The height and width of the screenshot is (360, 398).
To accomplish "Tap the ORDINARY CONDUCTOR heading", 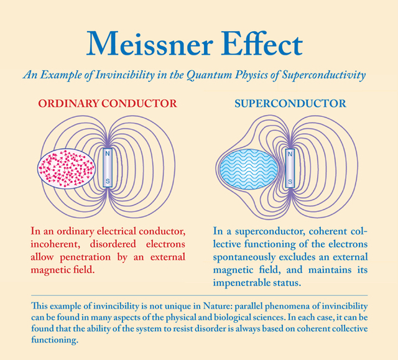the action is (x=108, y=103).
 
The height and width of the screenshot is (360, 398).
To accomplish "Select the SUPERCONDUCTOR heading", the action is (x=290, y=103).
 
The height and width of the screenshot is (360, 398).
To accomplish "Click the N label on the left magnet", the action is (x=108, y=152).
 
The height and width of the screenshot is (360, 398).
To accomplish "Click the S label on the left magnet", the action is (x=108, y=181).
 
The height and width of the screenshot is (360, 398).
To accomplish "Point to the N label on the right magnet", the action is (x=290, y=152).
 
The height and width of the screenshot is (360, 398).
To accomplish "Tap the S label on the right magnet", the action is (x=290, y=182).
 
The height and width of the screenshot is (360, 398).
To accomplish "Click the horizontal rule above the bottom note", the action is (x=198, y=295).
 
